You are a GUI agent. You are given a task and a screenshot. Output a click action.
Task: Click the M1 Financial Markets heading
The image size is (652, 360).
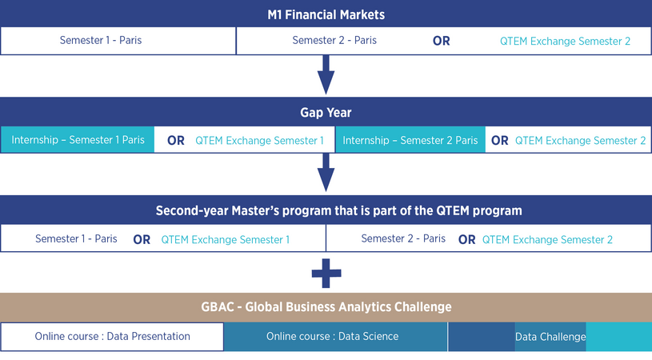coord(326,15)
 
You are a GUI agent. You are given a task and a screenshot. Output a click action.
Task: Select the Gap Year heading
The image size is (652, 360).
coord(326,113)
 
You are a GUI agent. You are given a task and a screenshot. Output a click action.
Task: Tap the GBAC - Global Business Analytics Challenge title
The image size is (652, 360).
coord(326,306)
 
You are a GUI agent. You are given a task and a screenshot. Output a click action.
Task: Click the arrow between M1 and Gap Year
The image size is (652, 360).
coord(326,75)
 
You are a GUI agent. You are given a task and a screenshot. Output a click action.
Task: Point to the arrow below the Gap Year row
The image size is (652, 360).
coord(326,173)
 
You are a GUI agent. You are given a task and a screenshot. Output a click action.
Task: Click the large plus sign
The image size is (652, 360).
coord(326,273)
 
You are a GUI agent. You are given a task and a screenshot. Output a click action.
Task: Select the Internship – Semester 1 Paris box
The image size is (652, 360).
coord(78,140)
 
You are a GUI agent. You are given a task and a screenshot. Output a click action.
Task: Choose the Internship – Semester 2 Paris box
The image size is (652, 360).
coord(410,140)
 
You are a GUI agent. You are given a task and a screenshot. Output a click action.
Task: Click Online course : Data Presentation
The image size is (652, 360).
coord(112,336)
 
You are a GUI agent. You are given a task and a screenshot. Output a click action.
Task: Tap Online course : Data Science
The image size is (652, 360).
coord(332,336)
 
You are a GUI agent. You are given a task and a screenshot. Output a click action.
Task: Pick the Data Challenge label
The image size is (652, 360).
coord(550,337)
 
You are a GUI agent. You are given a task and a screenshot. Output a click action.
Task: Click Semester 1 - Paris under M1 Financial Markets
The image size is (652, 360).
coord(101,40)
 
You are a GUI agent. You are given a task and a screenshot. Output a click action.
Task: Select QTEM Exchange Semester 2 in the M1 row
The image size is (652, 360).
coord(565,41)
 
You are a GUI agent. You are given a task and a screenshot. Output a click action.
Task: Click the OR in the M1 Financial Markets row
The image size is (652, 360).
coord(441,41)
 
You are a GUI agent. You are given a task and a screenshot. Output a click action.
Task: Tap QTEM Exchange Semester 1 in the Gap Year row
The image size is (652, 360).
coord(259,141)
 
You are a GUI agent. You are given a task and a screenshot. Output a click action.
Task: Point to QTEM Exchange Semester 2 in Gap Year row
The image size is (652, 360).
coord(581,141)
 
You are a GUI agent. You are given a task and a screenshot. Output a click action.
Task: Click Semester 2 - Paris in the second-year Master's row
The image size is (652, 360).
coord(403,238)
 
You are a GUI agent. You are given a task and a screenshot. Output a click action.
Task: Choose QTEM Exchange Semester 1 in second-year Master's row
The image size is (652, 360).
coord(226,239)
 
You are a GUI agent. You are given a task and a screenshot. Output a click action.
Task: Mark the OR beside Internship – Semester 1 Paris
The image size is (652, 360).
coord(176,141)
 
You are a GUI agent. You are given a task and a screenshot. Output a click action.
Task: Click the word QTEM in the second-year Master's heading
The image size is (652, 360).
coord(453,210)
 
